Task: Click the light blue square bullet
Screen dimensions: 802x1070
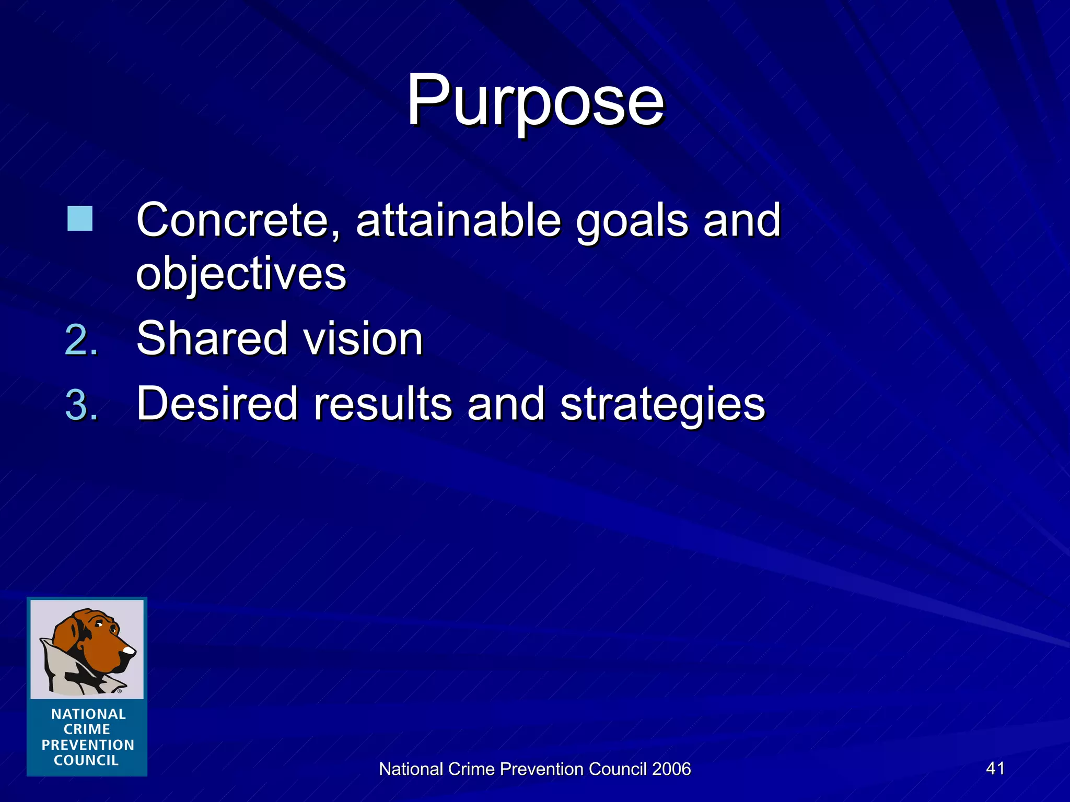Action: (80, 219)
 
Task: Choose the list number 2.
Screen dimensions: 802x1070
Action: (81, 340)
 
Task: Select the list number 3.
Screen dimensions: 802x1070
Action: (81, 405)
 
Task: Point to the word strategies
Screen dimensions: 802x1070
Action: (662, 405)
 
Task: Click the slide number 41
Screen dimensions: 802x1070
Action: (995, 768)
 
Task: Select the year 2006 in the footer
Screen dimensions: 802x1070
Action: (671, 769)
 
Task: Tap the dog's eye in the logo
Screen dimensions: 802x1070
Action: (99, 624)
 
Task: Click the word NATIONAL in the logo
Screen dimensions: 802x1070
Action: (88, 714)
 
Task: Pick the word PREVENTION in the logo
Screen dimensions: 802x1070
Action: (88, 745)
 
